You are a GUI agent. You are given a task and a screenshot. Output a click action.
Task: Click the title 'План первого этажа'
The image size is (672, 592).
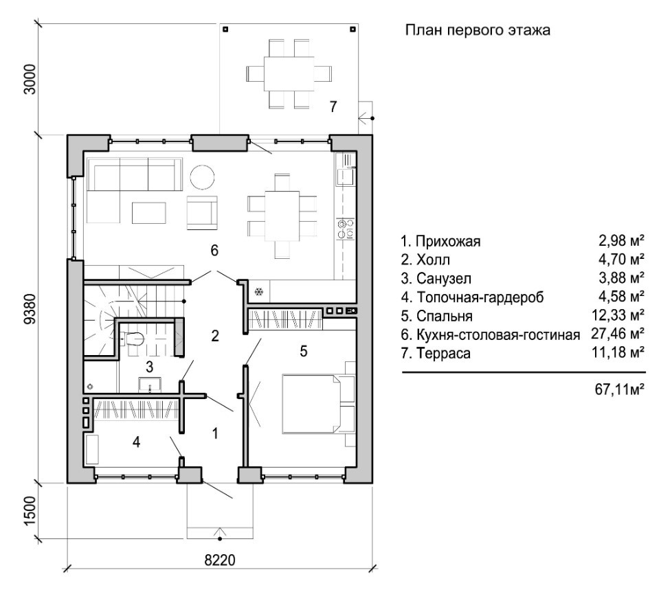click(478, 31)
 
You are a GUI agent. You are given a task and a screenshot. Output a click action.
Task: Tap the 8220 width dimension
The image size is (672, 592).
click(220, 560)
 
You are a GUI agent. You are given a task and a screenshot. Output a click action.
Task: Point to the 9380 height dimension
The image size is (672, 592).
click(30, 309)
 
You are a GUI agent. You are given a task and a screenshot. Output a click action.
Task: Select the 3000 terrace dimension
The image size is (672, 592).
click(30, 79)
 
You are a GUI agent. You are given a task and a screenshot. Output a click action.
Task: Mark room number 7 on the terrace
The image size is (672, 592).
click(333, 106)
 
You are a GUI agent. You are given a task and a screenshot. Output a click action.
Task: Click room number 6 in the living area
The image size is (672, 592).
click(214, 250)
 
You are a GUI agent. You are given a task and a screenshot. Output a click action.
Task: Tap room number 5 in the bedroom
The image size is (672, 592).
click(304, 351)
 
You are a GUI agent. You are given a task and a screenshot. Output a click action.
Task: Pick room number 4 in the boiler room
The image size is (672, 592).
click(136, 442)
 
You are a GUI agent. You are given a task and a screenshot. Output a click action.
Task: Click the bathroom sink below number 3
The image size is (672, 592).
click(150, 384)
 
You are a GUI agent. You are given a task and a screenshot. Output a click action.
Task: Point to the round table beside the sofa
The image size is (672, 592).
click(202, 177)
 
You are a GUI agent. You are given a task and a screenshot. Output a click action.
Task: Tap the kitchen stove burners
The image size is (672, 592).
click(346, 228)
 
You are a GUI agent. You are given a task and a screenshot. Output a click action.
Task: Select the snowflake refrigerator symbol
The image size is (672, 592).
click(259, 293)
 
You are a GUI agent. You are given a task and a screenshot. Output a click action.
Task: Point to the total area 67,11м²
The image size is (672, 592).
click(620, 389)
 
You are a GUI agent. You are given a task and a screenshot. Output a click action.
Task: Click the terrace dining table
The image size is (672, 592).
click(289, 73)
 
